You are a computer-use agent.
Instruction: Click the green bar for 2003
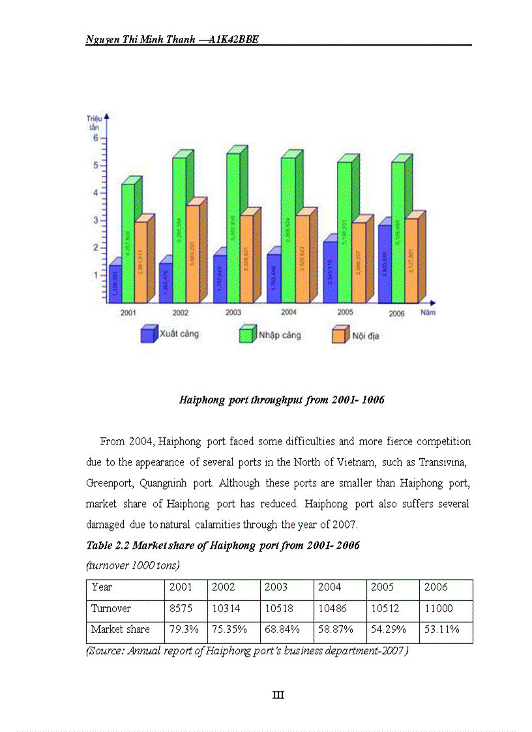point(233,228)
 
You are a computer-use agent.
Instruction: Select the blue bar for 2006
point(385,264)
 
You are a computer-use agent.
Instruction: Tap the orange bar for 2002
point(192,254)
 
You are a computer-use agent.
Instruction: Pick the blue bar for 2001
point(115,284)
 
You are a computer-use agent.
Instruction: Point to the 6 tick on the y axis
point(95,138)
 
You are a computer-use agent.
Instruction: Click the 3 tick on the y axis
point(95,220)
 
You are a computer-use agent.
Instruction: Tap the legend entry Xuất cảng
point(170,334)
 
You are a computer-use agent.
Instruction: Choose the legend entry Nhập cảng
point(270,335)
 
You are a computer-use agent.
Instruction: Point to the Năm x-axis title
point(428,313)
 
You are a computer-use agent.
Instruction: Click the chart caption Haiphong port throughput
point(282,400)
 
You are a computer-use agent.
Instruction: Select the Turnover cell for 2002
point(224,609)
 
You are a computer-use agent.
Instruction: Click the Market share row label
point(121,630)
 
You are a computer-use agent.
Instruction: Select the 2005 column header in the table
point(382,587)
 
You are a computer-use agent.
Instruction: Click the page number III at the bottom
point(278,695)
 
